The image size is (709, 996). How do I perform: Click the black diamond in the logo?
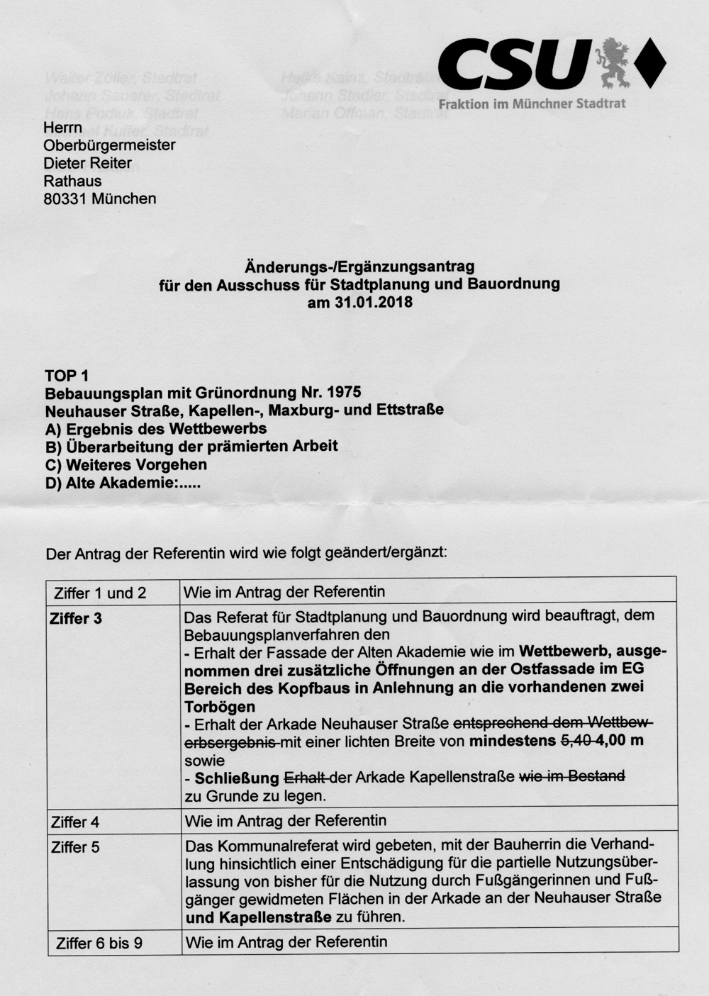[x=649, y=64]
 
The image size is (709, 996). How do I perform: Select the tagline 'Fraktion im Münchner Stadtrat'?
[x=532, y=103]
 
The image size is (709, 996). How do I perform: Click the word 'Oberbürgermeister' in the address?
[x=109, y=145]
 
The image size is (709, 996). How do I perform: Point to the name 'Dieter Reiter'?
[x=87, y=163]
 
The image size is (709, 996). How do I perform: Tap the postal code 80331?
[x=65, y=199]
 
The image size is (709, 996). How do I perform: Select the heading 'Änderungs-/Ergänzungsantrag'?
[x=359, y=267]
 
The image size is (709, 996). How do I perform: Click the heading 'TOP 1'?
[x=67, y=376]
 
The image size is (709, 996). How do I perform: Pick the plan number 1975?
[x=345, y=393]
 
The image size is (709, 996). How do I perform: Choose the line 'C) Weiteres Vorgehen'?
[x=125, y=465]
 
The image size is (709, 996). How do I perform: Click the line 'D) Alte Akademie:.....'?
[x=122, y=483]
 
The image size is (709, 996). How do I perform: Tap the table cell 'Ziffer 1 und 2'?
[x=100, y=593]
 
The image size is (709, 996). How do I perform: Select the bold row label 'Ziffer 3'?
[x=76, y=619]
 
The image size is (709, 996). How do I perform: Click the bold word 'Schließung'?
[x=237, y=778]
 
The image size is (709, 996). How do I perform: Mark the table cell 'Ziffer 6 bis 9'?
[x=99, y=944]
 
